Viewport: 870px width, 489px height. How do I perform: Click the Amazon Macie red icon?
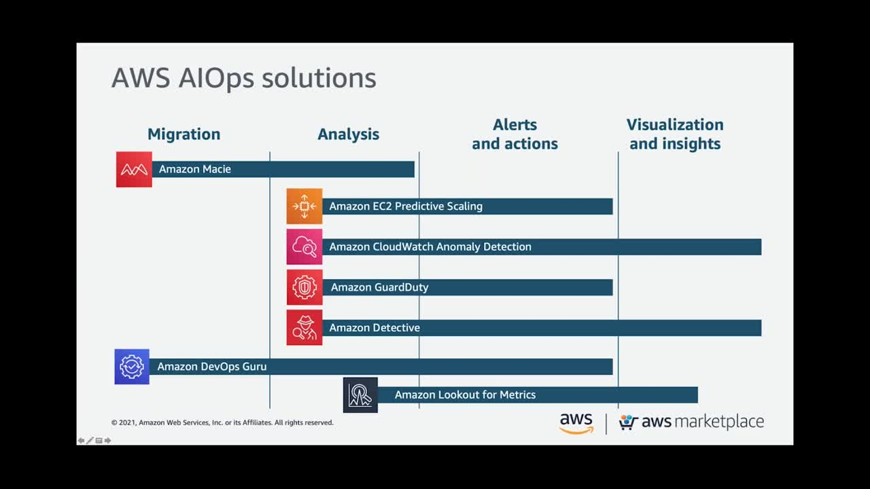pos(134,169)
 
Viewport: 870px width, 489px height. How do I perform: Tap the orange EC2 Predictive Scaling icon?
pos(304,206)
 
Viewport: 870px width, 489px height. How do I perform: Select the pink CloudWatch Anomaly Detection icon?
pos(304,247)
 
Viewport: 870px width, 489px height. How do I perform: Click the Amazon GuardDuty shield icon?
pos(304,287)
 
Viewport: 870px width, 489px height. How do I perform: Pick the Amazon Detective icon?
pos(304,327)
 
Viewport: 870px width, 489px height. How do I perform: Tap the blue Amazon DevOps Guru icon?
pos(132,367)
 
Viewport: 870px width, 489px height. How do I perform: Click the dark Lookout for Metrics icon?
pos(360,395)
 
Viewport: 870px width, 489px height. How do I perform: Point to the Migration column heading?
pos(184,134)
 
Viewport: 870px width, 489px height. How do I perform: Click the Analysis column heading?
pos(349,134)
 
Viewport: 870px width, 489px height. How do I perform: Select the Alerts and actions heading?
pos(515,134)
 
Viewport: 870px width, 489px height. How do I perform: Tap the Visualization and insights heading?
pos(675,134)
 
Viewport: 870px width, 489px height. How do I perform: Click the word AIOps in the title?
pos(216,79)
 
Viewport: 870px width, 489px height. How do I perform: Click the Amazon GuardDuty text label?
pos(379,287)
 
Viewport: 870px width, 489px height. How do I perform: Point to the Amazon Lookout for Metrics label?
pos(466,395)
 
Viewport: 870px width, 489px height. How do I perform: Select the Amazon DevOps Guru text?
pos(212,367)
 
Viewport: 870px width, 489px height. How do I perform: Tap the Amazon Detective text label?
pos(375,328)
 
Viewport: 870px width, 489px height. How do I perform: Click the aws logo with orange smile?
pos(576,423)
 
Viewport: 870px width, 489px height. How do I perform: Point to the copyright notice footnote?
pos(222,422)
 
